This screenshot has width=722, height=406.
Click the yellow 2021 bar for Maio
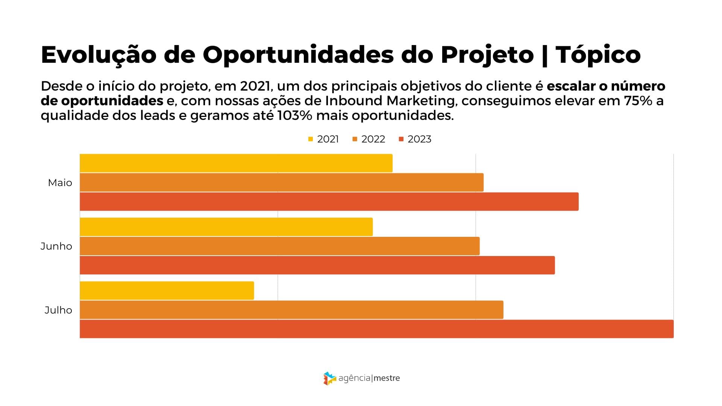click(x=236, y=163)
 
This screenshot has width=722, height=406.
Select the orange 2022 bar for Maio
click(x=282, y=182)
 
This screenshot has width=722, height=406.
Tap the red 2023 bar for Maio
click(x=329, y=201)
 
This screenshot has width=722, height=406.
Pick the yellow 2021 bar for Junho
click(x=226, y=227)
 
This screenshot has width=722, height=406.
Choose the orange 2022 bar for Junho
click(x=280, y=246)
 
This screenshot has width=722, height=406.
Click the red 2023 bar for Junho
click(x=317, y=265)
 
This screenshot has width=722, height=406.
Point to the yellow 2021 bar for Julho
click(x=167, y=291)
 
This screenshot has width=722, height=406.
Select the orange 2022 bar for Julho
click(x=291, y=310)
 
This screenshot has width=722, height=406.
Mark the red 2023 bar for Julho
click(x=376, y=329)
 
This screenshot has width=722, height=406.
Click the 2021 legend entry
click(x=324, y=139)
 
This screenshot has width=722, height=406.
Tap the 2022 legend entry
click(x=369, y=139)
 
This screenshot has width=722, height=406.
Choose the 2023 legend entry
click(x=415, y=139)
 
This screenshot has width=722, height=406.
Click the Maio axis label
click(x=60, y=183)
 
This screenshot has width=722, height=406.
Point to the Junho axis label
click(x=56, y=246)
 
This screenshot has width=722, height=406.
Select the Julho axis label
click(x=58, y=310)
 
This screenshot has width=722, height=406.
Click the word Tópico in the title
click(x=598, y=55)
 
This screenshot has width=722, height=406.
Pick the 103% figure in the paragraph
click(x=294, y=115)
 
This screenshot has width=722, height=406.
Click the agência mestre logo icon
click(x=329, y=378)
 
